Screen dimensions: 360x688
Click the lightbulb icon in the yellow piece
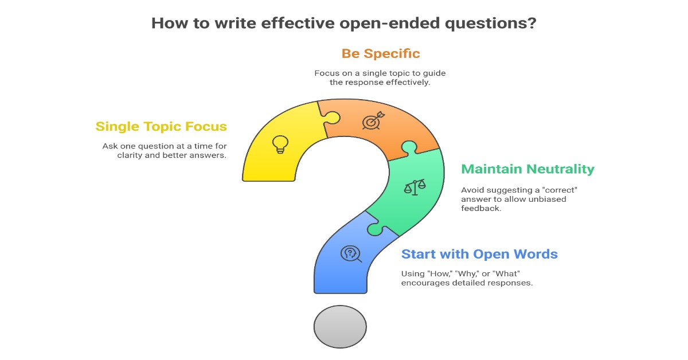point(280,144)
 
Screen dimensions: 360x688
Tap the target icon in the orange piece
point(371,122)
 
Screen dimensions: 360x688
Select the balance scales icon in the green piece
point(415,186)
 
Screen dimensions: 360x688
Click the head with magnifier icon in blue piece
point(350,253)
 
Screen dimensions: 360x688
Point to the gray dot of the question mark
point(340,326)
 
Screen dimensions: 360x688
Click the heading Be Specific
point(381,54)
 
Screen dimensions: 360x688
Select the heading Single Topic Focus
point(161,127)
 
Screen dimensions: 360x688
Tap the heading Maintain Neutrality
point(527,169)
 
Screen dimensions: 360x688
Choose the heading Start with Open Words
point(479,254)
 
